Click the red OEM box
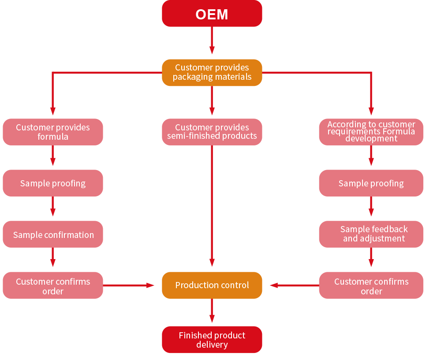[x=212, y=14]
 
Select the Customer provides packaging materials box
[x=212, y=72]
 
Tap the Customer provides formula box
[x=53, y=132]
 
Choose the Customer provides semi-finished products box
[x=212, y=132]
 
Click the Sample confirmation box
[x=53, y=234]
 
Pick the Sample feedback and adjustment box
[x=371, y=234]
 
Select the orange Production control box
[x=212, y=285]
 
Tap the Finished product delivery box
[x=212, y=340]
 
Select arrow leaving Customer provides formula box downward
[x=53, y=156]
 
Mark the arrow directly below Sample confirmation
[x=53, y=257]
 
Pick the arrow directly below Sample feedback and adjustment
[x=371, y=257]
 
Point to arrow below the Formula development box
[x=371, y=156]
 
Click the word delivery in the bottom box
[x=212, y=345]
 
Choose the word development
[x=371, y=139]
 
